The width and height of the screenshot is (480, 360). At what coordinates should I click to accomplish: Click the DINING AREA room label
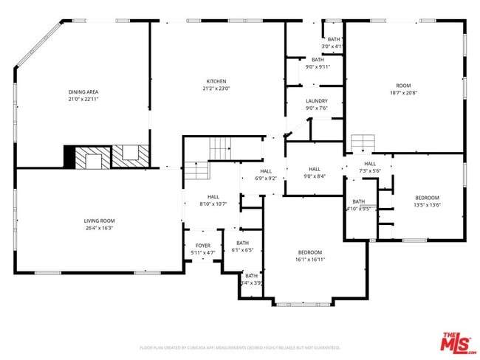pos(83,91)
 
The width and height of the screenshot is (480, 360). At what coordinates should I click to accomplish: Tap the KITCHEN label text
pos(216,81)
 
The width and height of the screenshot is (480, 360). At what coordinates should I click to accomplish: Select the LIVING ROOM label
pos(98,221)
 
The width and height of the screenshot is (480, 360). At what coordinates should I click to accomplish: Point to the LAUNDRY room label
pos(317,101)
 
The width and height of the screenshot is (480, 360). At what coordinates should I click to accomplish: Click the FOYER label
pos(203,246)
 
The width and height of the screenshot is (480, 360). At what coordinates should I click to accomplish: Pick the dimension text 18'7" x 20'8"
pos(403,93)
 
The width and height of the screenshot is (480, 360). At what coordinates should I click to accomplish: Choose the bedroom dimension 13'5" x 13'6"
pos(427,205)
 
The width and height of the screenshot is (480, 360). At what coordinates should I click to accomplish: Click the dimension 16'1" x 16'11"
pos(311,259)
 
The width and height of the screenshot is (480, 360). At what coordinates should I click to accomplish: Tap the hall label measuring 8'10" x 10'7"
pos(213,197)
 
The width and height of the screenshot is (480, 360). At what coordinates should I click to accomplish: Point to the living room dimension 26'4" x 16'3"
pos(98,228)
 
